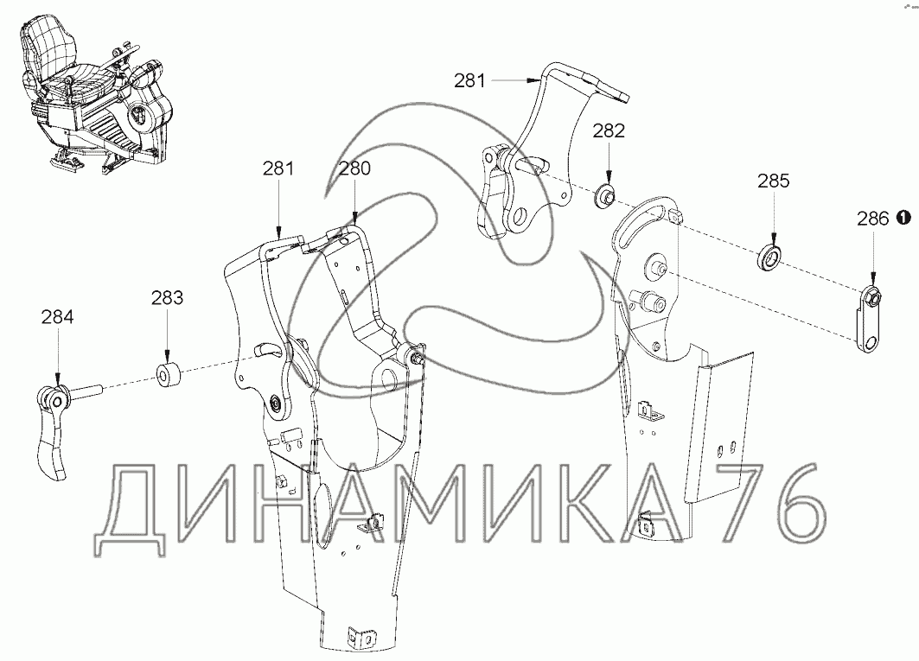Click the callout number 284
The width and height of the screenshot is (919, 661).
coord(57,318)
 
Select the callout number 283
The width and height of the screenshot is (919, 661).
coord(167,298)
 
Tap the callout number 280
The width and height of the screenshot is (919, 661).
coord(354,168)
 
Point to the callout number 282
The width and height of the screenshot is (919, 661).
coord(608,130)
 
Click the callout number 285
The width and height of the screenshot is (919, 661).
coord(773,181)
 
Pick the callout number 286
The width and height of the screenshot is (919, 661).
coord(872,219)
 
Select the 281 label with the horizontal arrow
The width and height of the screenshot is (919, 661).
coord(470,80)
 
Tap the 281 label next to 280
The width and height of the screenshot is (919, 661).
coord(279,168)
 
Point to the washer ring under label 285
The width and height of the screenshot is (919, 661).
coord(771,257)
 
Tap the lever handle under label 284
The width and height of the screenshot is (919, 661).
coord(52,432)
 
